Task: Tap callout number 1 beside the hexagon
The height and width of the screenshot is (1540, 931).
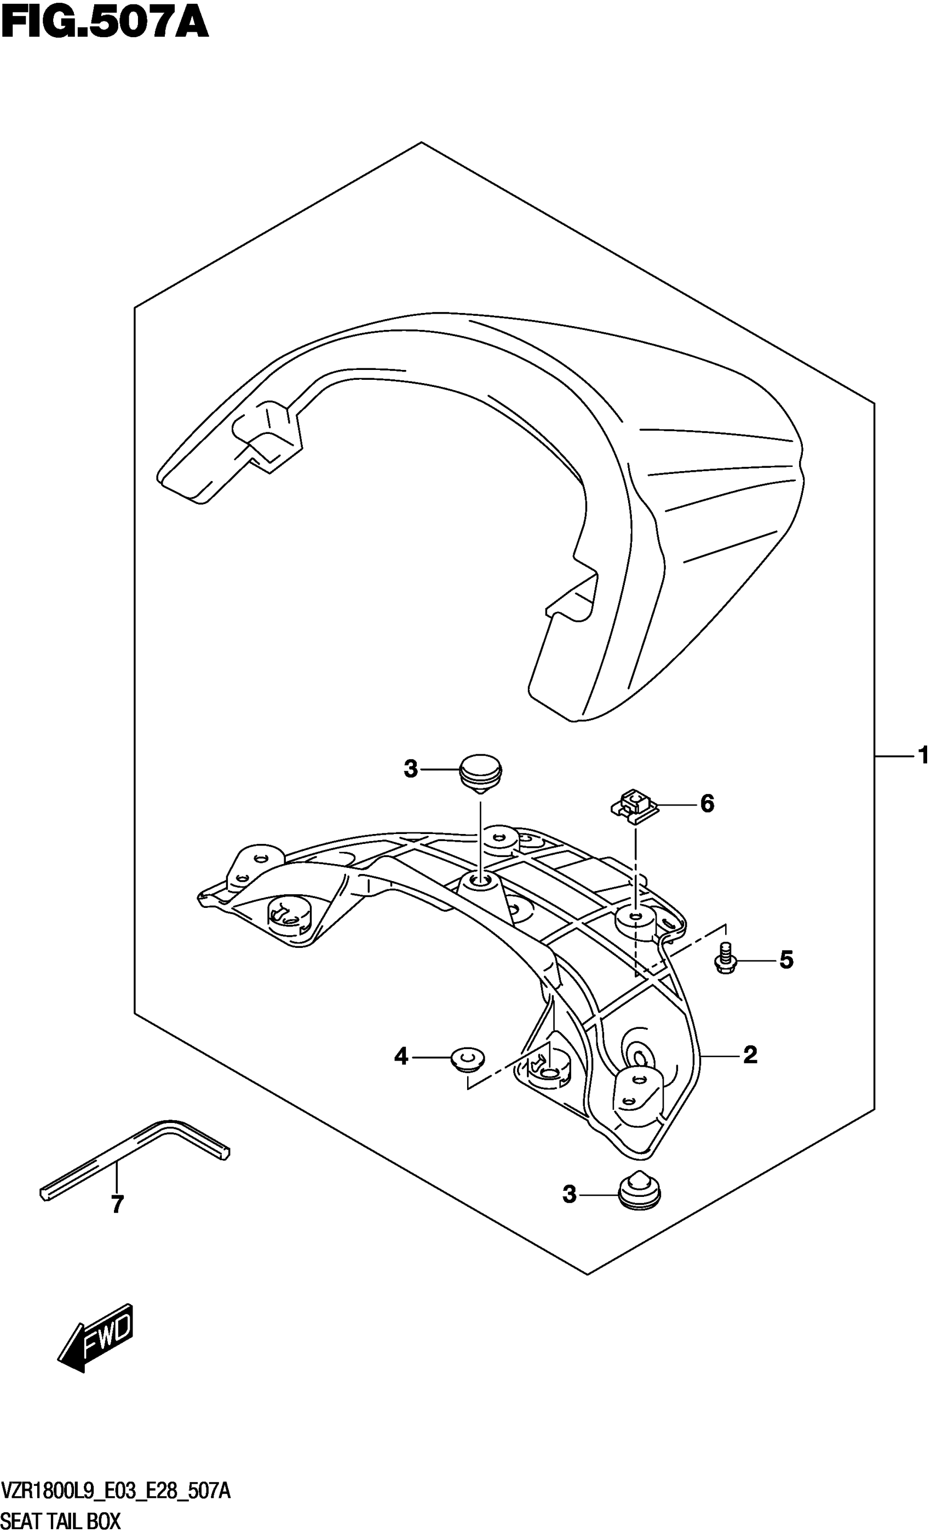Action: tap(922, 756)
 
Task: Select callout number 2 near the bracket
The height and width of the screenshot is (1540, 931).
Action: tap(750, 1055)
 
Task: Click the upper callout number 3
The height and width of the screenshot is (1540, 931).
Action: tap(410, 769)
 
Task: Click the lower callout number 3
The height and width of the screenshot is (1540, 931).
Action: tap(569, 1195)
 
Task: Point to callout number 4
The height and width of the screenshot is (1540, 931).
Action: tap(401, 1057)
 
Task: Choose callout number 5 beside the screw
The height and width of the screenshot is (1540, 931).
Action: tap(786, 959)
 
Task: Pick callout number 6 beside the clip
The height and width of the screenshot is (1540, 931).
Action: tap(706, 803)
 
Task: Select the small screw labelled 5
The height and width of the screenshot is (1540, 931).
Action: tap(725, 960)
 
